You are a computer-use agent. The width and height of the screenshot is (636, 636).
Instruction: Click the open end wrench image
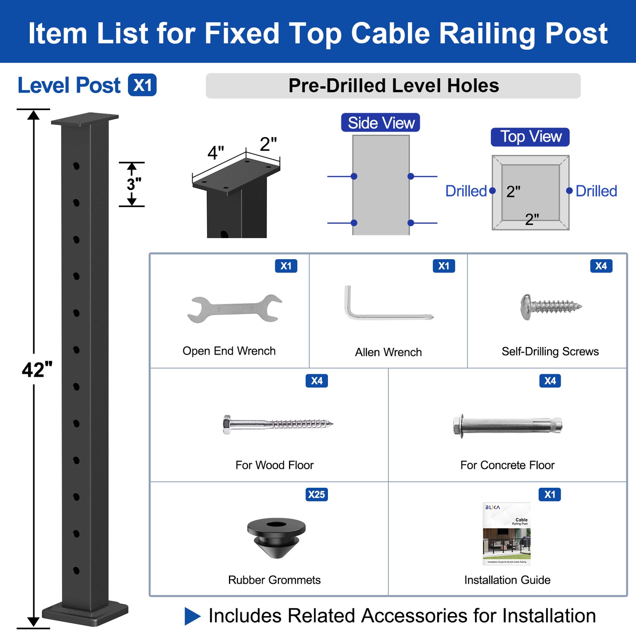click(234, 309)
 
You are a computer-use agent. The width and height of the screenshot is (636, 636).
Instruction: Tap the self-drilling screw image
click(550, 307)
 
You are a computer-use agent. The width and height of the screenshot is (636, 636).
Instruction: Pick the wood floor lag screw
click(277, 424)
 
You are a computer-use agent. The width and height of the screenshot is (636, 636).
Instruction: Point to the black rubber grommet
click(276, 537)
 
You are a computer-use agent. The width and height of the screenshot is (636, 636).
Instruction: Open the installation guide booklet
click(506, 534)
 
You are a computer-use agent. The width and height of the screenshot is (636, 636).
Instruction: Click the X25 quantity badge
click(317, 494)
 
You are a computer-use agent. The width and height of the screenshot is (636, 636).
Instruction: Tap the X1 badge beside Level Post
click(142, 85)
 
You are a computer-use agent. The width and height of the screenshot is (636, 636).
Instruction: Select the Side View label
click(381, 123)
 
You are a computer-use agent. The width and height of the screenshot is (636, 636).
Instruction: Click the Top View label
click(530, 137)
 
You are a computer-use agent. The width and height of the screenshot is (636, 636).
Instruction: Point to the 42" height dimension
click(37, 370)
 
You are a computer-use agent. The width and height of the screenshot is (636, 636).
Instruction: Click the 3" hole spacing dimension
click(133, 184)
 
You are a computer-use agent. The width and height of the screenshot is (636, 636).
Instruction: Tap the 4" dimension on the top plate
click(215, 153)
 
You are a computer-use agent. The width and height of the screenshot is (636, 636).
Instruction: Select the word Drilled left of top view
click(466, 191)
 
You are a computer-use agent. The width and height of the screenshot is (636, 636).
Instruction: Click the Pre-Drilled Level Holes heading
click(393, 86)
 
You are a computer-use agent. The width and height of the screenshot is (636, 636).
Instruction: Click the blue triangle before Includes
click(192, 616)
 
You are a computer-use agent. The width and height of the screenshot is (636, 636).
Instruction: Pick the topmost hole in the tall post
click(76, 166)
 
